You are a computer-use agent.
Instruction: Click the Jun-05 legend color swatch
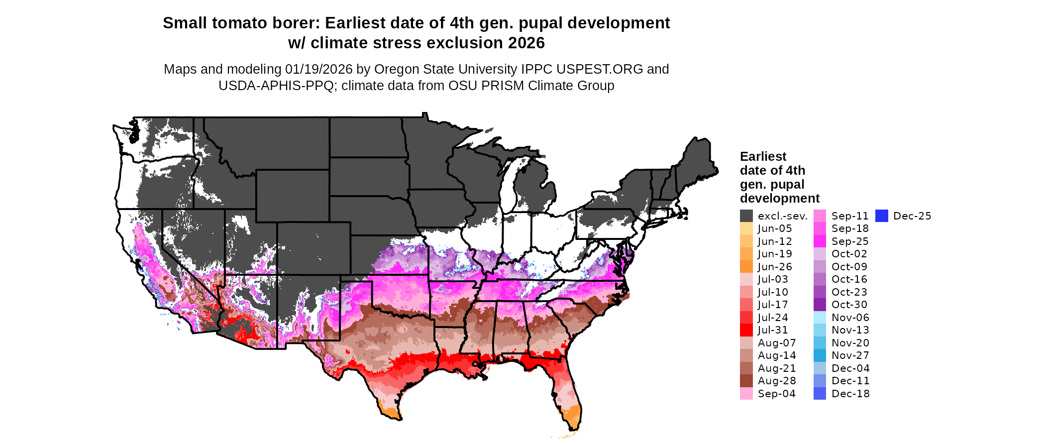746,228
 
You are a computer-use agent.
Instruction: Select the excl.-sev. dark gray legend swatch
746,216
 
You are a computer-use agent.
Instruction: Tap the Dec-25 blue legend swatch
881,216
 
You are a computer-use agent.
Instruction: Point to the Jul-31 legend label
773,330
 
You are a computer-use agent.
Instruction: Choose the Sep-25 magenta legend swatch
820,241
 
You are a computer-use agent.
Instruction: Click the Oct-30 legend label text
849,305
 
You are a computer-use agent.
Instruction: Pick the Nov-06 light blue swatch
820,318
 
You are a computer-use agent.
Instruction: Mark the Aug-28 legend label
776,381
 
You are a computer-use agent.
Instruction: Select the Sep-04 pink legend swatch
746,394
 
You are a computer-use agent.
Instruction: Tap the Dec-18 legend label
850,394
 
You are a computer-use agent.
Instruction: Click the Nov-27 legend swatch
820,355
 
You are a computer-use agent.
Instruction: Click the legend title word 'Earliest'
763,157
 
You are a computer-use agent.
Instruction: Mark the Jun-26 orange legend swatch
746,267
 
